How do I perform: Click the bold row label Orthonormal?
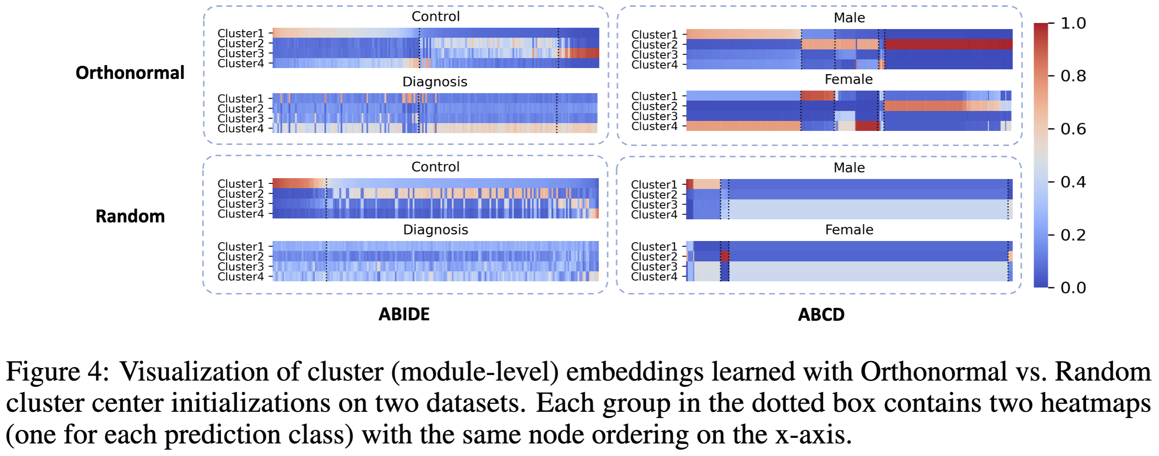coord(130,72)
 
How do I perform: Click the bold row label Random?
coord(130,216)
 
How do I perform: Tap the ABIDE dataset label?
coord(403,314)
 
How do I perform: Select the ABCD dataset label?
coord(821,315)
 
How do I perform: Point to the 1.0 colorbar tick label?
coord(1073,23)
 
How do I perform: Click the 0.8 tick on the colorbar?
coord(1073,76)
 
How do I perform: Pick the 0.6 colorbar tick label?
coord(1073,129)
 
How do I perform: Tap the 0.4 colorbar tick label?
coord(1073,182)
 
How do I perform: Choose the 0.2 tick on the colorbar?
coord(1073,235)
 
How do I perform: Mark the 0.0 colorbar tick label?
coord(1073,288)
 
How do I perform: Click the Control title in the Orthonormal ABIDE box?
coord(435,16)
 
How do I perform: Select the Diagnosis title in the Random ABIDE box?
coord(435,230)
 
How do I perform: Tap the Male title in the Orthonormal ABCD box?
coord(848,17)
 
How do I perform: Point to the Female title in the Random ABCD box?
coord(848,230)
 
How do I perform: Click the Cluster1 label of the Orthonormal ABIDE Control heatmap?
coord(240,33)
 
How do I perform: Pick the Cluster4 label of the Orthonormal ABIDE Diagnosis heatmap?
coord(240,129)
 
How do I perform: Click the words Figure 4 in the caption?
coord(57,372)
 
